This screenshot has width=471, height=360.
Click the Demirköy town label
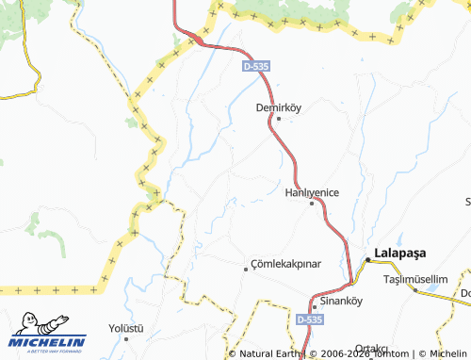point(278,107)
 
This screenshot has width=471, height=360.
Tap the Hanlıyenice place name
point(312,191)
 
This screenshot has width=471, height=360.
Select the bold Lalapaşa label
point(401,253)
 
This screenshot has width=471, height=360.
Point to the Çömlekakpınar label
point(288,265)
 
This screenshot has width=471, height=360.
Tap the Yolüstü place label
point(125,328)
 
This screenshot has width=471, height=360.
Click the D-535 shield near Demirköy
point(254,67)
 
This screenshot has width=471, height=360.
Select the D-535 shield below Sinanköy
point(307,320)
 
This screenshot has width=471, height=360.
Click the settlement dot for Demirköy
point(278,119)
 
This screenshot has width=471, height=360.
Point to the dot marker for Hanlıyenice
point(312,203)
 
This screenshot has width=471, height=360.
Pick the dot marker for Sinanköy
point(314,306)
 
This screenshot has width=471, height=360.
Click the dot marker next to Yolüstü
point(125,339)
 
